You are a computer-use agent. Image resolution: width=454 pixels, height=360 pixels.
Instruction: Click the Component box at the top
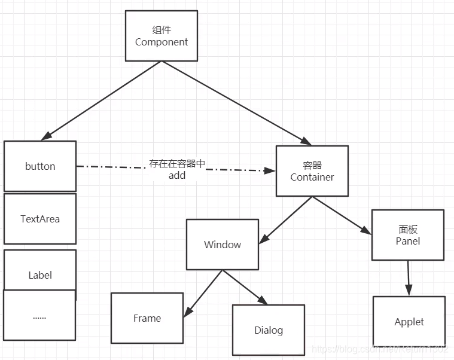pyautogui.click(x=161, y=36)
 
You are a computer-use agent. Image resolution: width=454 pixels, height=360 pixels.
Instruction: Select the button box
pyautogui.click(x=40, y=166)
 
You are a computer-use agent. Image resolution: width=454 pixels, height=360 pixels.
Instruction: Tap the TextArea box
pyautogui.click(x=40, y=219)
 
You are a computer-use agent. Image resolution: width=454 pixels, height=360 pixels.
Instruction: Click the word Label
pyautogui.click(x=40, y=275)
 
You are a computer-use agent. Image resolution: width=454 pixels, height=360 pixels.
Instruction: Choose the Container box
pyautogui.click(x=312, y=171)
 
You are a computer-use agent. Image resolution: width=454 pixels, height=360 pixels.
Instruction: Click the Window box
pyautogui.click(x=223, y=245)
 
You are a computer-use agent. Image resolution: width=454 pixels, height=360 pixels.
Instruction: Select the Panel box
pyautogui.click(x=407, y=235)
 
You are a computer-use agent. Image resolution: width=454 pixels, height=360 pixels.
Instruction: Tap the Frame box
pyautogui.click(x=147, y=318)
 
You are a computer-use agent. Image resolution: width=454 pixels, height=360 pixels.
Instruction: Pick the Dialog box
pyautogui.click(x=269, y=330)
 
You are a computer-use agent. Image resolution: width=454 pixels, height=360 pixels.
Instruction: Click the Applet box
pyautogui.click(x=409, y=322)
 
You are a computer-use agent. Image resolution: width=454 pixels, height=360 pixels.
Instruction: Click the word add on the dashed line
pyautogui.click(x=177, y=175)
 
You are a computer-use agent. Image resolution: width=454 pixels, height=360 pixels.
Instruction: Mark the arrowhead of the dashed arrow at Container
pyautogui.click(x=270, y=170)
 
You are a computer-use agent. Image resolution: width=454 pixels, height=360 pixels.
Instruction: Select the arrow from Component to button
pyautogui.click(x=102, y=100)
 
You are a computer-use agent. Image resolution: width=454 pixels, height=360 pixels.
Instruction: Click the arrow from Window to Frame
pyautogui.click(x=203, y=293)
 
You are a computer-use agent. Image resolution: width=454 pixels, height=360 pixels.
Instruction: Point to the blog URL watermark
pyautogui.click(x=380, y=349)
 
